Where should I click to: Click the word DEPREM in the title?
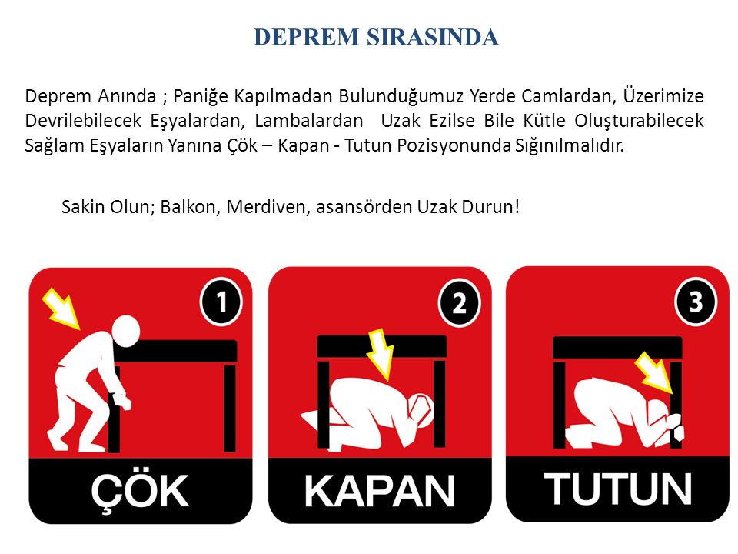coord(306,37)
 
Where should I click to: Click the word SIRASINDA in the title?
coord(433,37)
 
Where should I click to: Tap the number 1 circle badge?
coord(221,302)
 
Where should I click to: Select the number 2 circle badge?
coord(460,303)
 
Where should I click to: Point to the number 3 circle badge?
coord(696,302)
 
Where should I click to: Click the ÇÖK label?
coord(140,492)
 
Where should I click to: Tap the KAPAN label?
coord(379,492)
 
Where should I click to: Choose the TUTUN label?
coord(618,489)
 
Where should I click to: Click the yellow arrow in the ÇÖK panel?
coord(61,309)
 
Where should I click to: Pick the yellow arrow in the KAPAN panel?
coord(381,354)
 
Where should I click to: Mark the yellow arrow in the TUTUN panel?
coord(654,373)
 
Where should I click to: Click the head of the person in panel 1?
coord(125,331)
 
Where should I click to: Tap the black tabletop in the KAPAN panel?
coord(382,346)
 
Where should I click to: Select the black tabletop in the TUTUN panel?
coord(617,348)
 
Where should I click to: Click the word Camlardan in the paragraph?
coord(568,96)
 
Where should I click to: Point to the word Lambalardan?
coord(309,121)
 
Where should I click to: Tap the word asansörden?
coord(364,208)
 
